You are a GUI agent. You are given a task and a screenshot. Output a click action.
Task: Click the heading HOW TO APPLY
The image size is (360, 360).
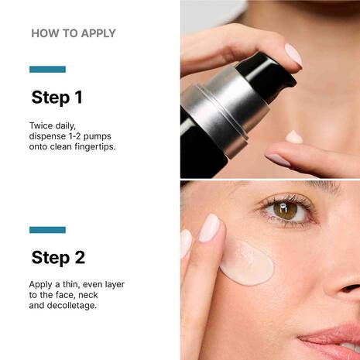(x=73, y=33)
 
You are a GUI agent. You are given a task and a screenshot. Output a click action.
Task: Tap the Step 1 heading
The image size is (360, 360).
(x=57, y=98)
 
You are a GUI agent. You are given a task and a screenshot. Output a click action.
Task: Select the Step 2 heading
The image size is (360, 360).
(x=58, y=257)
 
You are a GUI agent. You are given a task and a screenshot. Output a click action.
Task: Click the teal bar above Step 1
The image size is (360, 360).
(x=47, y=69)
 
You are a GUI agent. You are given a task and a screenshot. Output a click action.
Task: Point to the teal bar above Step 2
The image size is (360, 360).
(x=47, y=229)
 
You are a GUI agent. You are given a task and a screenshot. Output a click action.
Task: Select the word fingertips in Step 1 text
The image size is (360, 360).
(x=92, y=146)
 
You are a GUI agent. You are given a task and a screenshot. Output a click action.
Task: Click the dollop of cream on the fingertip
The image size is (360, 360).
(x=294, y=137)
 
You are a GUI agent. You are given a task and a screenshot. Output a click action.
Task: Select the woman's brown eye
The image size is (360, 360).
(x=286, y=210)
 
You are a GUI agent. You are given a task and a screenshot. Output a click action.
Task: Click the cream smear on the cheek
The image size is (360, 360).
(x=246, y=262)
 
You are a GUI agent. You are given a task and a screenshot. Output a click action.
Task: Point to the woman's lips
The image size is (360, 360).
(x=333, y=338)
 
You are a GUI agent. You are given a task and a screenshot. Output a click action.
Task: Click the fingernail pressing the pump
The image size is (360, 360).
(x=293, y=54)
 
